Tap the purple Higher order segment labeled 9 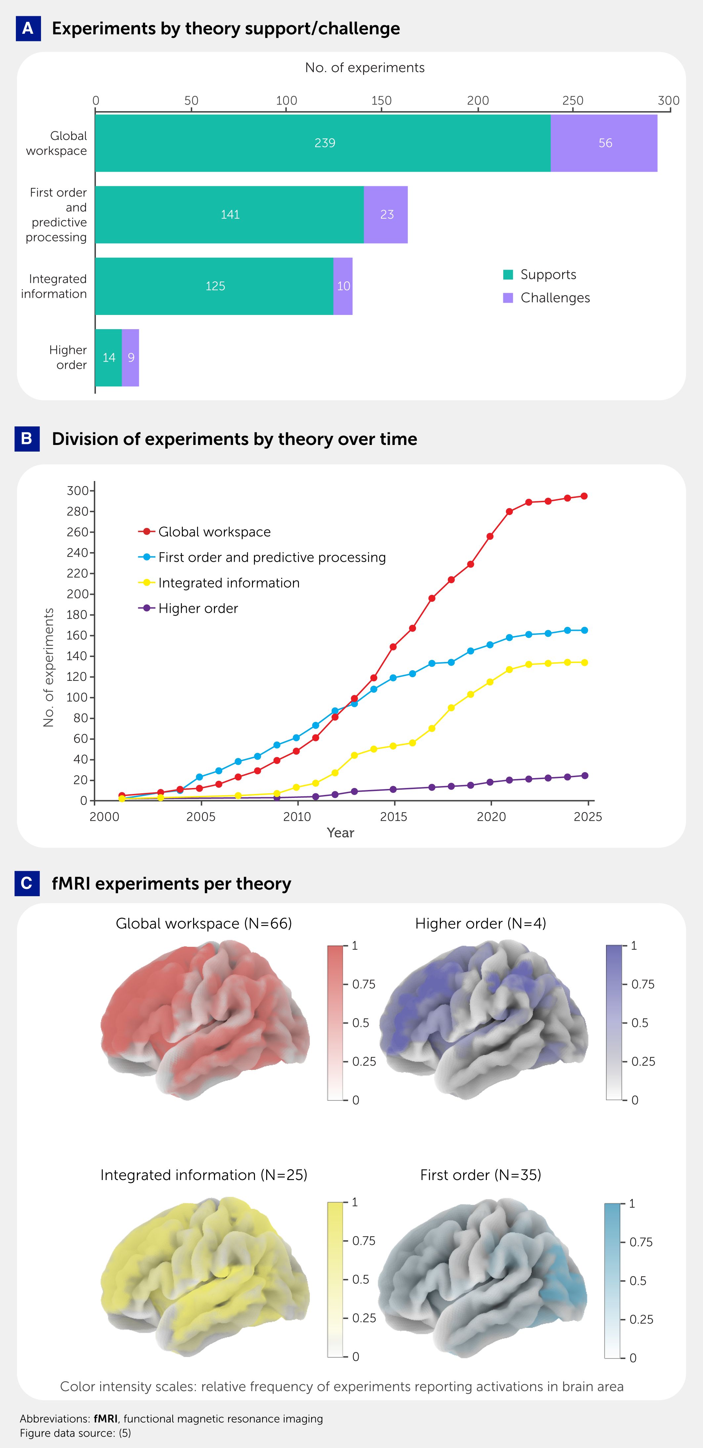point(130,358)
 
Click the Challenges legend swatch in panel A point(508,298)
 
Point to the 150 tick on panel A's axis point(382,101)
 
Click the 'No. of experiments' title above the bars point(365,67)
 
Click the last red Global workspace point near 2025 point(584,496)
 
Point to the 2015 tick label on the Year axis point(393,817)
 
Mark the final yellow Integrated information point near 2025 point(584,663)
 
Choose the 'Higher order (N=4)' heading point(480,924)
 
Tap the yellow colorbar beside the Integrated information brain point(335,1279)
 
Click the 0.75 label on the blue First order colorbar point(641,1242)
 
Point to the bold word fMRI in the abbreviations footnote point(105,1419)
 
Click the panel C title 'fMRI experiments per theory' point(171,884)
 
